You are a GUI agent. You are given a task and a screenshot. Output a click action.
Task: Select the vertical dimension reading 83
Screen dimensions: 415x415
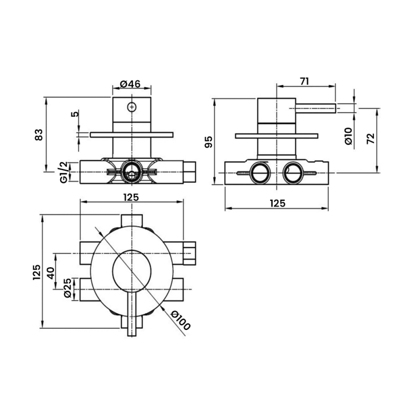(38, 135)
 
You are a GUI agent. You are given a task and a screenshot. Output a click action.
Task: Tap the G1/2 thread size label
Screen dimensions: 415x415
(63, 172)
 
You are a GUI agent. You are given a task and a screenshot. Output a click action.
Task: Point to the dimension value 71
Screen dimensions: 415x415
(305, 80)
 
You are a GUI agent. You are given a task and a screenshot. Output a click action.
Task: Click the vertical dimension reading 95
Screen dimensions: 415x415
(208, 141)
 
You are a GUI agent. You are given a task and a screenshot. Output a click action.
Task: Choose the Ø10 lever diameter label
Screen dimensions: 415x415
(348, 136)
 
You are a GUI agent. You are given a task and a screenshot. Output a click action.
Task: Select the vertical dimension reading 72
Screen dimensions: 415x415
(370, 138)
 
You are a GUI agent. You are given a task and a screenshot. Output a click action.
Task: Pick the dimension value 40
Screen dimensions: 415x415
(51, 272)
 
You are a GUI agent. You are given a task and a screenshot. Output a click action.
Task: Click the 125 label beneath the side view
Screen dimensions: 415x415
(278, 204)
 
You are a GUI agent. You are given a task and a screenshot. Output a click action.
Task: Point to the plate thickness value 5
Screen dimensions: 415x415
(75, 114)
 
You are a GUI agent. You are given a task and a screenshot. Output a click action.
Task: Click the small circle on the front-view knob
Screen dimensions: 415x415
(132, 107)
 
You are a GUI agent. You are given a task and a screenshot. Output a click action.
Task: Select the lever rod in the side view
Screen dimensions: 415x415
(315, 108)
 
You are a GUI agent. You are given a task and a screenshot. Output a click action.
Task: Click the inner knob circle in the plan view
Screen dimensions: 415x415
(132, 269)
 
